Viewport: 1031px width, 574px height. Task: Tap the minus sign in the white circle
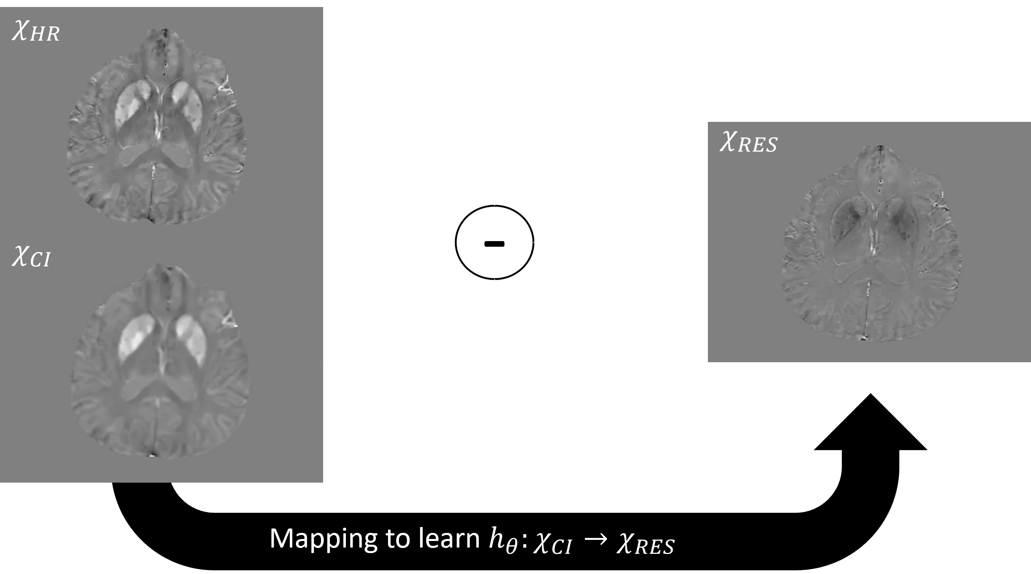pyautogui.click(x=494, y=244)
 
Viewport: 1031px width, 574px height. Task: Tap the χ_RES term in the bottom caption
pyautogui.click(x=645, y=544)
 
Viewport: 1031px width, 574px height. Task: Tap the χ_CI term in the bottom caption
pyautogui.click(x=552, y=544)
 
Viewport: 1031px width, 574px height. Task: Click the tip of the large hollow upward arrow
pyautogui.click(x=870, y=393)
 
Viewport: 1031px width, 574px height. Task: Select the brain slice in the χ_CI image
pyautogui.click(x=160, y=360)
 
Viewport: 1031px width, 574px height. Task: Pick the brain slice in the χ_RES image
pyautogui.click(x=872, y=244)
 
